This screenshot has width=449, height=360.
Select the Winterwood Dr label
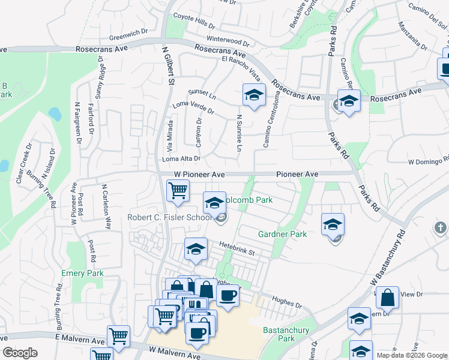click(228, 43)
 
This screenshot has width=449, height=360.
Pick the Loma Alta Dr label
click(181, 158)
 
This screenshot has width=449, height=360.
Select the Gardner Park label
click(282, 234)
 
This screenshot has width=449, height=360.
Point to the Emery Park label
click(82, 274)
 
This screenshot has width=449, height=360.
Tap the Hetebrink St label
click(237, 246)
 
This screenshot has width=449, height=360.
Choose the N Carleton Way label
click(106, 207)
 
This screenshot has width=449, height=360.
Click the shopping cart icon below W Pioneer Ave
click(178, 191)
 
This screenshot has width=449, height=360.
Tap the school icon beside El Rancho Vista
click(254, 95)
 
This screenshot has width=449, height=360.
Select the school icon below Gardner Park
click(333, 224)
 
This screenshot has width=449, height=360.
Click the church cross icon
click(440, 227)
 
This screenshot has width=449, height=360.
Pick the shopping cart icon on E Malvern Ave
click(119, 336)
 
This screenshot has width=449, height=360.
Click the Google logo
click(20, 353)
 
